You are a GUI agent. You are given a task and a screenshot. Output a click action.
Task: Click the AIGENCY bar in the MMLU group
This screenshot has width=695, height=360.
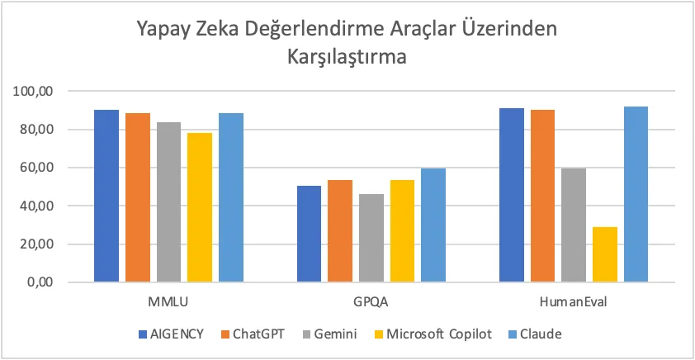pyautogui.click(x=106, y=196)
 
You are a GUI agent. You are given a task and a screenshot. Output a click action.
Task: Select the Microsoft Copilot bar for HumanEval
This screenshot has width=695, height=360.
pyautogui.click(x=604, y=254)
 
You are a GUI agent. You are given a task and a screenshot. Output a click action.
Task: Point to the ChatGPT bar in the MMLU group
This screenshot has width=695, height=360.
pyautogui.click(x=138, y=197)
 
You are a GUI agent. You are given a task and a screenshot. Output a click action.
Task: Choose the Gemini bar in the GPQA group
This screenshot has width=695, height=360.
pyautogui.click(x=371, y=238)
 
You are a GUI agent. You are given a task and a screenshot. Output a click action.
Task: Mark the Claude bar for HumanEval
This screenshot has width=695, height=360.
pyautogui.click(x=636, y=194)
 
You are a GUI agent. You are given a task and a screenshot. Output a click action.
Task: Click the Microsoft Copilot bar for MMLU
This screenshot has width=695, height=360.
pyautogui.click(x=200, y=207)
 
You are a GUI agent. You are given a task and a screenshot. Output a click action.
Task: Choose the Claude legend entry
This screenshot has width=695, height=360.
pyautogui.click(x=539, y=334)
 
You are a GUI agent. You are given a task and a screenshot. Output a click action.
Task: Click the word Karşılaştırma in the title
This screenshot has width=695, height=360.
pyautogui.click(x=347, y=59)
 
